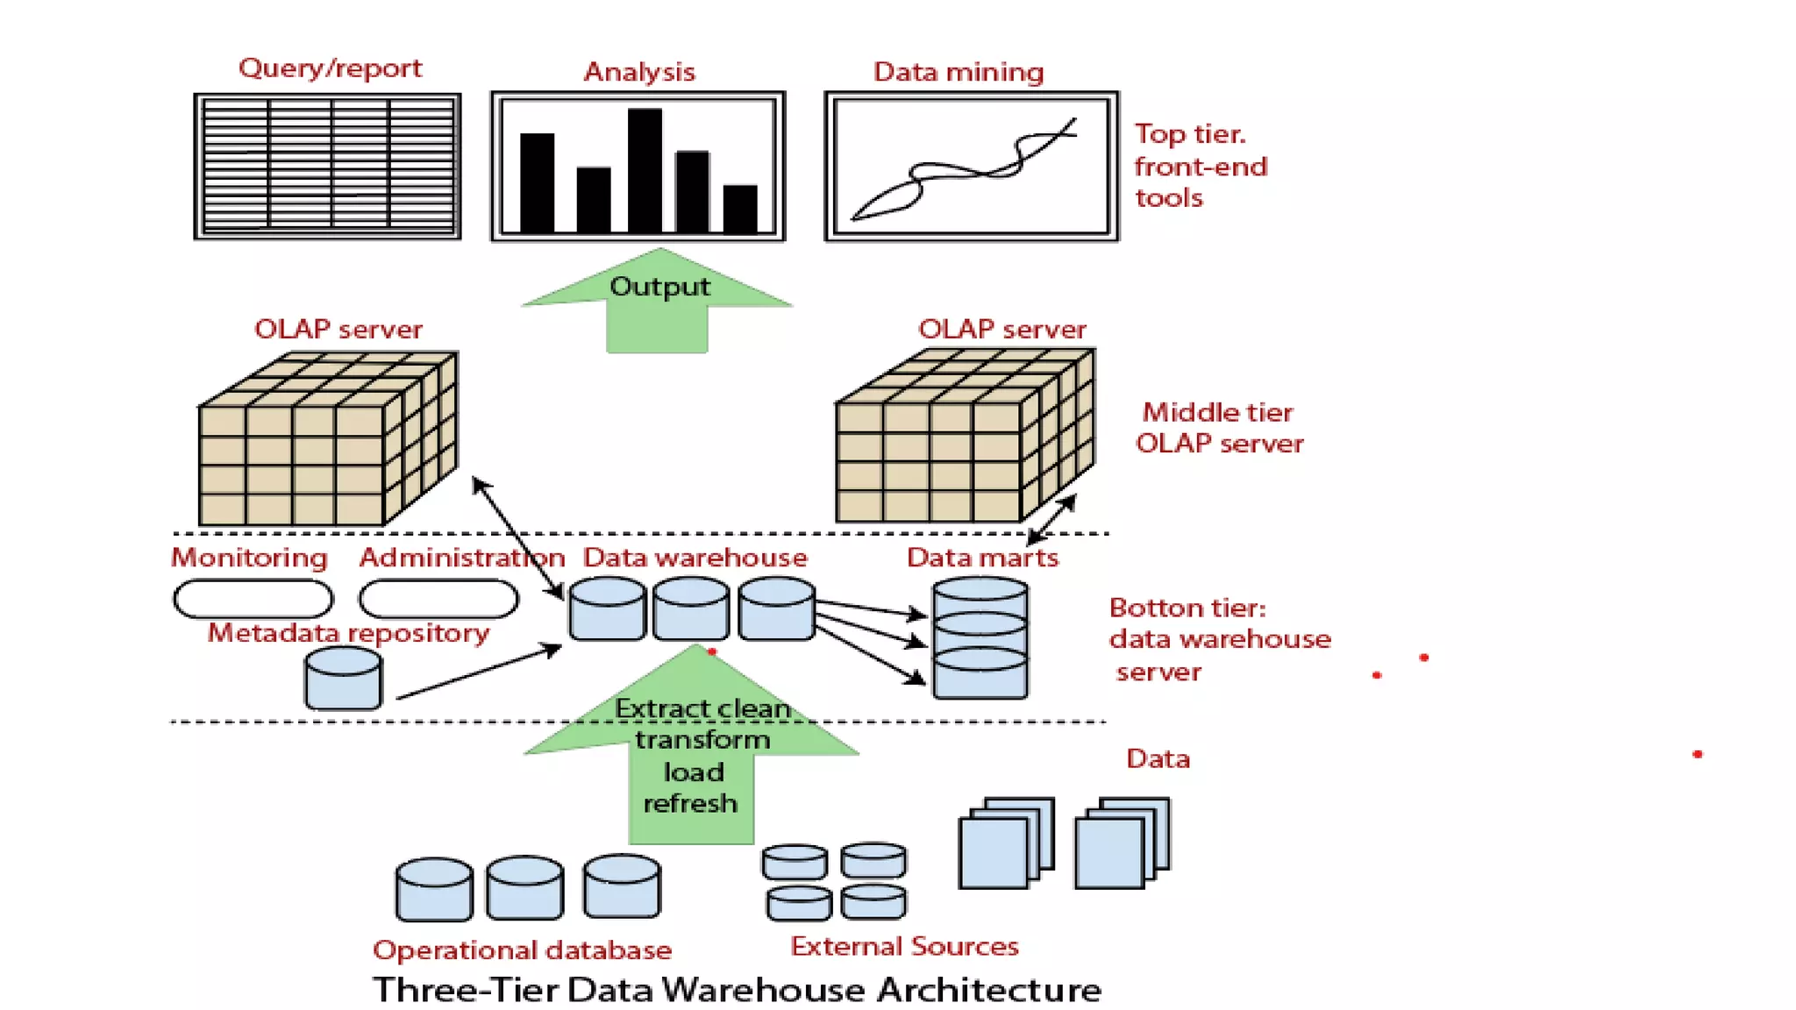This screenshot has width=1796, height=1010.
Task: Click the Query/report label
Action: [330, 68]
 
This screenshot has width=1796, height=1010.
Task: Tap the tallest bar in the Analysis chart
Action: [645, 170]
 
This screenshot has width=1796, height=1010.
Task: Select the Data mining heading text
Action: [958, 72]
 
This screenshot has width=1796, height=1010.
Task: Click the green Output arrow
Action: [658, 302]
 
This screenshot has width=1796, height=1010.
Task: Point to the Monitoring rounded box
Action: [253, 600]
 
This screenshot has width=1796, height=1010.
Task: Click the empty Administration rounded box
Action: [438, 600]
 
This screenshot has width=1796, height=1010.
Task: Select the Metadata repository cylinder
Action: [343, 679]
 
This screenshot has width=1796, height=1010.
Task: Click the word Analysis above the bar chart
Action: [639, 72]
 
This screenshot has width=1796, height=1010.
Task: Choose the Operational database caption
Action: [522, 950]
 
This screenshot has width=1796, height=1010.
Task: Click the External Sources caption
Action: [904, 947]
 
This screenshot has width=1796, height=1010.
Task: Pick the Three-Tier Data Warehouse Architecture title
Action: [737, 990]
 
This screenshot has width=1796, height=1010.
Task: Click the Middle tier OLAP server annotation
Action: [1219, 428]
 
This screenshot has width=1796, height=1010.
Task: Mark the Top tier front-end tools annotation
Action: [1200, 166]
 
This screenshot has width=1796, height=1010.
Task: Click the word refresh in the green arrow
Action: [690, 803]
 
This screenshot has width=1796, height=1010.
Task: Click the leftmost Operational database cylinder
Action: [434, 889]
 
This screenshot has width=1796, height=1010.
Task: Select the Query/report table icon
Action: [327, 167]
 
